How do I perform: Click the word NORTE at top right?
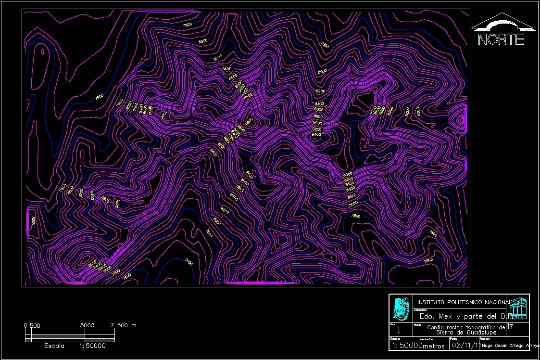[x=501, y=39]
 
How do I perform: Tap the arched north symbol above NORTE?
[x=502, y=23]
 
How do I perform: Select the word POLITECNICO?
[x=468, y=302]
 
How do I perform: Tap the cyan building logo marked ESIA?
[x=518, y=309]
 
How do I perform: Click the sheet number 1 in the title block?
[x=399, y=331]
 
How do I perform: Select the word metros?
[x=433, y=346]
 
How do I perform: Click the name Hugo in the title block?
[x=489, y=346]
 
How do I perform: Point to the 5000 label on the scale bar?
[x=88, y=326]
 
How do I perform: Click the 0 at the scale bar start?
[x=25, y=326]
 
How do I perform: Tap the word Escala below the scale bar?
[x=54, y=346]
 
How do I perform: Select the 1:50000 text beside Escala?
[x=92, y=346]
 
